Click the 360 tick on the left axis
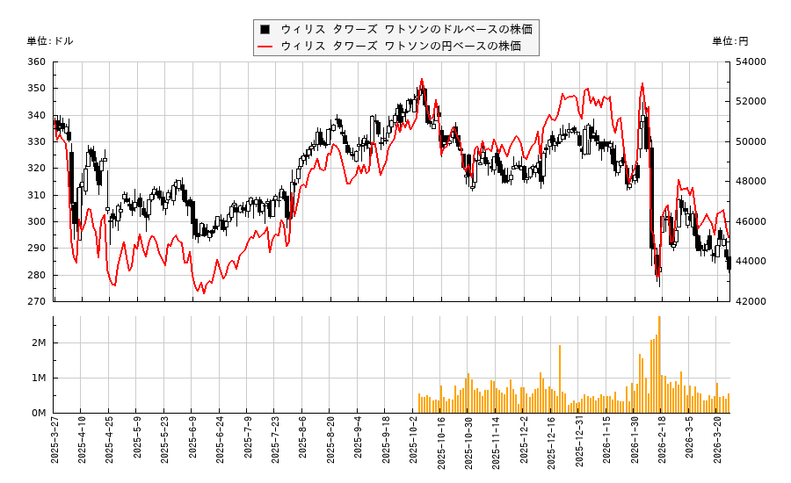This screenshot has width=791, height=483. pyautogui.click(x=36, y=61)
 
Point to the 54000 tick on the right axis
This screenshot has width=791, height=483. pyautogui.click(x=750, y=61)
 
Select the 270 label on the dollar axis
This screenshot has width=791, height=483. pyautogui.click(x=36, y=301)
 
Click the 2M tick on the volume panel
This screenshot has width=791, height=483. pyautogui.click(x=40, y=342)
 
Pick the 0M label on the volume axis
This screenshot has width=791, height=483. pyautogui.click(x=40, y=413)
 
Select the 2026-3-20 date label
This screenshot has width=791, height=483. pyautogui.click(x=718, y=446)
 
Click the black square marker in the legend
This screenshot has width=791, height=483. pyautogui.click(x=265, y=29)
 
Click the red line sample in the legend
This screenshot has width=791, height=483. pyautogui.click(x=265, y=47)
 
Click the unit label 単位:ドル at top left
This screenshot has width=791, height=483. pyautogui.click(x=50, y=41)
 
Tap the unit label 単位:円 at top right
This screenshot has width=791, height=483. pyautogui.click(x=729, y=41)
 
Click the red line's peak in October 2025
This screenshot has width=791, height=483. pyautogui.click(x=422, y=79)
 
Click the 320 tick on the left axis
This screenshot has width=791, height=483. pyautogui.click(x=36, y=168)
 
